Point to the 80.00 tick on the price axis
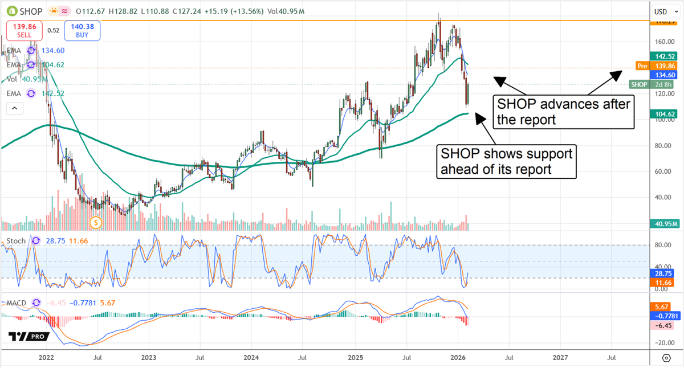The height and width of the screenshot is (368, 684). tap(661, 145)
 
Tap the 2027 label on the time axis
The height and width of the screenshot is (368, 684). tap(560, 358)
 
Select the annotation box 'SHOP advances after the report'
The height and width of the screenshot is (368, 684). tap(563, 112)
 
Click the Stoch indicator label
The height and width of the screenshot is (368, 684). tap(17, 241)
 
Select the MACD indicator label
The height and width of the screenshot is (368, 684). tap(18, 302)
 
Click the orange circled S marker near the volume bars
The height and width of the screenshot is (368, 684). tap(96, 223)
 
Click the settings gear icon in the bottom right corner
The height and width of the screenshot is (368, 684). tap(666, 358)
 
